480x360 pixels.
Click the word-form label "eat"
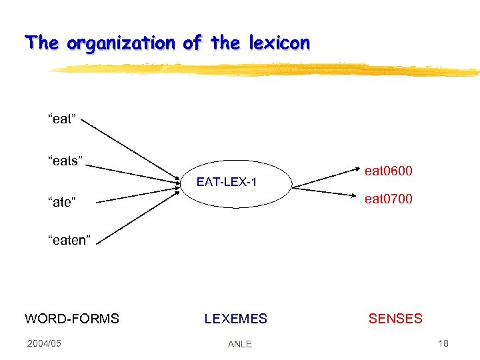62,119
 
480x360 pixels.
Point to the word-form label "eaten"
69,241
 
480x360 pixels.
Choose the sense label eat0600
389,171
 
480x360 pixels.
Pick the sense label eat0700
389,199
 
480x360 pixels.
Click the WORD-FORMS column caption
72,319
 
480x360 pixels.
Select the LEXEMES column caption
235,319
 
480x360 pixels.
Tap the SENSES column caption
395,319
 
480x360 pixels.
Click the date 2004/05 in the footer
44,343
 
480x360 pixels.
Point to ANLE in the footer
240,344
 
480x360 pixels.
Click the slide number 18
443,343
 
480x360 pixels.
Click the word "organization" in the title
121,44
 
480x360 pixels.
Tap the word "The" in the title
42,43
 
